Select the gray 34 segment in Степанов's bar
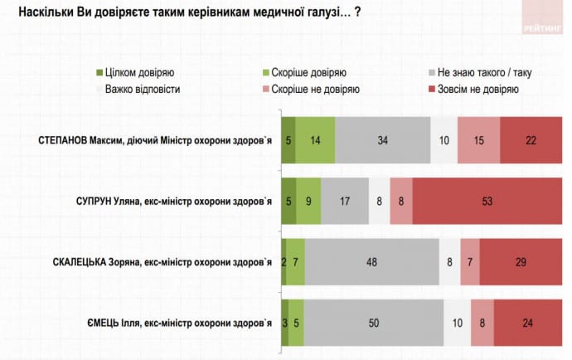382,139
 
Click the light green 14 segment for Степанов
315,139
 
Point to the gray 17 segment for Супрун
344,200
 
